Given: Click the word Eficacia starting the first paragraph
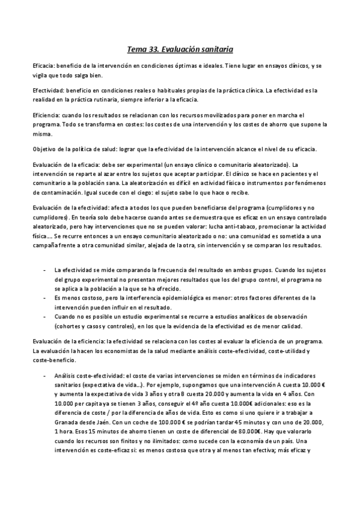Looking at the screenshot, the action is pos(43,64).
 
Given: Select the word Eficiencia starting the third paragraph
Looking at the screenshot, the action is pos(45,115).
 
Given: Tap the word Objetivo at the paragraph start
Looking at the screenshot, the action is pos(44,148).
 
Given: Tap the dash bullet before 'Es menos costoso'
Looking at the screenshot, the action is pos(46,297).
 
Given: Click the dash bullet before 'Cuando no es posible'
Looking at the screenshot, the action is pos(46,316).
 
